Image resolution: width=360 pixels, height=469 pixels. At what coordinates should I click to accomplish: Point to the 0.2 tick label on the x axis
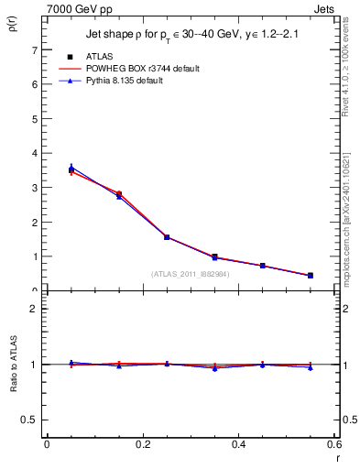point(142,444)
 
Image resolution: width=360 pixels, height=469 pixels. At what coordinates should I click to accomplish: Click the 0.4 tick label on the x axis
point(238,444)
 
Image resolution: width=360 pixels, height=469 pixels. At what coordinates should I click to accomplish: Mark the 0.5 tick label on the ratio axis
point(31,420)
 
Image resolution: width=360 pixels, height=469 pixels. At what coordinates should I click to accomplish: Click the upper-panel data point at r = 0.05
point(71,169)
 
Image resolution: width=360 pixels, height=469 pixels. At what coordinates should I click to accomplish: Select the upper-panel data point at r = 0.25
point(167,237)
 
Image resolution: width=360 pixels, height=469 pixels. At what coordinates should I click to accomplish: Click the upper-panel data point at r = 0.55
point(311,276)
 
